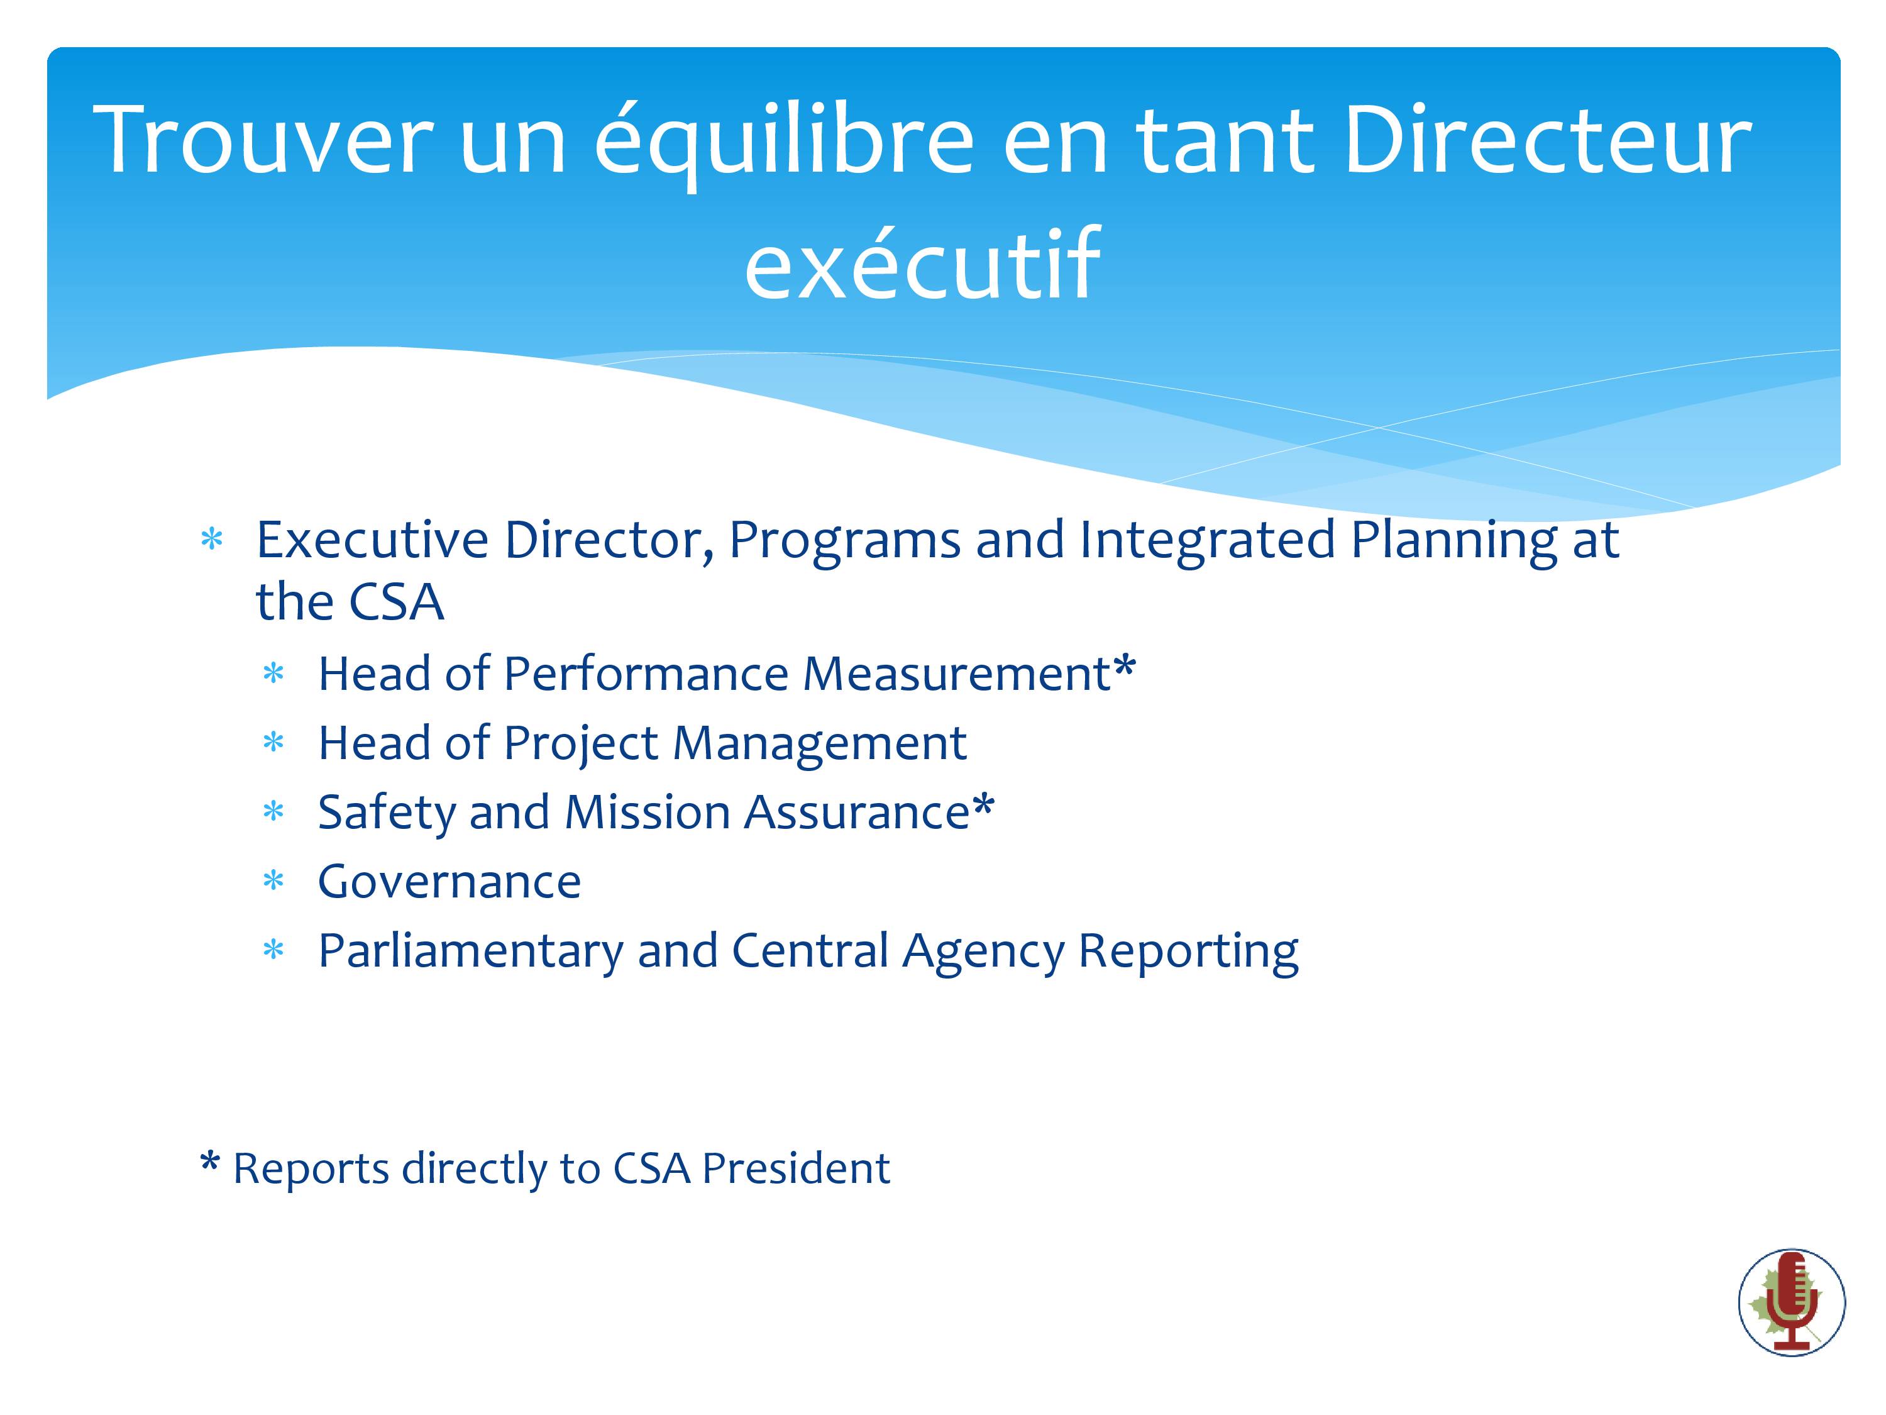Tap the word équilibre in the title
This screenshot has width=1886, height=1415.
pos(785,143)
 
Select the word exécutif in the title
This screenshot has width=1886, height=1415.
pos(922,264)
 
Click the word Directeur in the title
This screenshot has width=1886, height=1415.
pos(1548,139)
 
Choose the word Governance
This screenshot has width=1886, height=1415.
pos(449,881)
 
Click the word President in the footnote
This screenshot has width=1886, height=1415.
pos(797,1168)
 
